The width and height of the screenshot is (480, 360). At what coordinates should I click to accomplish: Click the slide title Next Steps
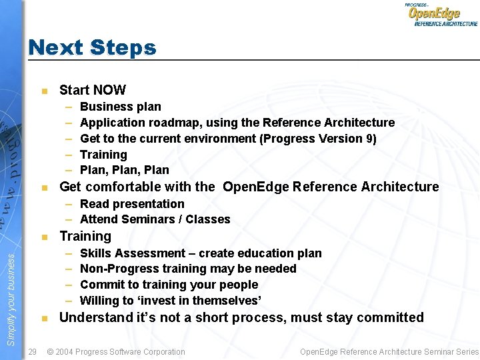click(x=92, y=47)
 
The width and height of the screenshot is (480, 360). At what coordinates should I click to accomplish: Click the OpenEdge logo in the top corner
click(x=442, y=14)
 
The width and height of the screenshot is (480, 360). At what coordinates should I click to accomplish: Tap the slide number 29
click(x=33, y=351)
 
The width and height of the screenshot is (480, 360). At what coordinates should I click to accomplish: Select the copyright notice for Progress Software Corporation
click(x=116, y=351)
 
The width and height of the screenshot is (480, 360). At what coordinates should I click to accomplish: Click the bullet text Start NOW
click(x=92, y=90)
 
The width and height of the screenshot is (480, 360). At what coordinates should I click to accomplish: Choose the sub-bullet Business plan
click(x=120, y=107)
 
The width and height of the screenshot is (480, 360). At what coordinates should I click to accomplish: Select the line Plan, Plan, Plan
click(x=124, y=170)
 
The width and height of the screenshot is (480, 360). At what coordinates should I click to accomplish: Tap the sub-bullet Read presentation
click(x=132, y=204)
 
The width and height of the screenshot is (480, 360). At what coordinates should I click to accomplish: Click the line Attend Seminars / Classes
click(x=155, y=219)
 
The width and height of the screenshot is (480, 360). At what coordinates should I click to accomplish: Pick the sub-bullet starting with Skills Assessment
click(x=200, y=253)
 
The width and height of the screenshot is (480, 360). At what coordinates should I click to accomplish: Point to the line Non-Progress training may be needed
click(x=188, y=269)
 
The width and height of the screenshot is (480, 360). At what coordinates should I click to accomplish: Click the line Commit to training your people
click(x=169, y=285)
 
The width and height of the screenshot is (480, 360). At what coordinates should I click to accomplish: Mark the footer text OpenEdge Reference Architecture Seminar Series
click(x=389, y=351)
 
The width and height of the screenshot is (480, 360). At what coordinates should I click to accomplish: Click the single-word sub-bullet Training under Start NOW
click(x=103, y=155)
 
